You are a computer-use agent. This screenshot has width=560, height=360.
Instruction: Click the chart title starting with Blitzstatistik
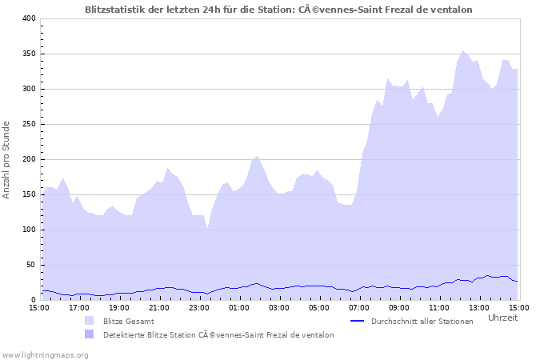(x=278, y=10)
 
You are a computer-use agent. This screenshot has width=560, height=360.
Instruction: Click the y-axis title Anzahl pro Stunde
(x=6, y=159)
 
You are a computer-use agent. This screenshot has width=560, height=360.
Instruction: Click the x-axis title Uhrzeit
(x=502, y=318)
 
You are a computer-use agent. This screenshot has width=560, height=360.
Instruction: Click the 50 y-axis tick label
(x=30, y=265)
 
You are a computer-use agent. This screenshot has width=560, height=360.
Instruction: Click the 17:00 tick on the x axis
(x=79, y=307)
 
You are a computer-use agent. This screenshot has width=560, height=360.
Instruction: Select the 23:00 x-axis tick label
(x=199, y=307)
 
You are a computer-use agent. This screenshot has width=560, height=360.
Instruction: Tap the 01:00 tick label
(x=239, y=307)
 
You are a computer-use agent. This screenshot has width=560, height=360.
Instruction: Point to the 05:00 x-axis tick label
(x=319, y=307)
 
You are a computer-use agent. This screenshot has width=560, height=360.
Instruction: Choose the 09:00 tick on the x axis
(x=399, y=307)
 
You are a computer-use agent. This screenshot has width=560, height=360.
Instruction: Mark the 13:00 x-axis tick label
(x=479, y=307)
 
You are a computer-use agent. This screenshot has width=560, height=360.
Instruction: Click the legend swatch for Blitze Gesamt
(x=89, y=321)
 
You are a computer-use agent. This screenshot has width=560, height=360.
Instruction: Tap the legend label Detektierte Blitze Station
(x=218, y=334)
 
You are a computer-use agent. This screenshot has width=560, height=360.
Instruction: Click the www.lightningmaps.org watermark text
(x=45, y=354)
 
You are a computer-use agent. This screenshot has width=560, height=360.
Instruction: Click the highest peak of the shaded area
(x=462, y=51)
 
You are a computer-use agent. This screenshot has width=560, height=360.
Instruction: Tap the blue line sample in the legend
(x=358, y=321)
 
